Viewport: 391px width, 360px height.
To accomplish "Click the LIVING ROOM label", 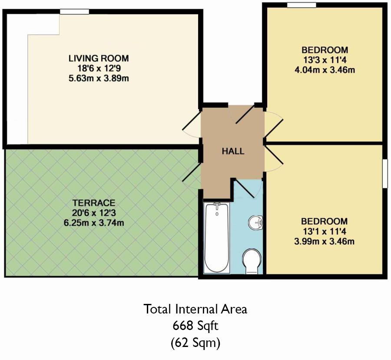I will (x=99, y=58).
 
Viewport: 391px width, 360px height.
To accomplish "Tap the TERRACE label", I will (x=94, y=203).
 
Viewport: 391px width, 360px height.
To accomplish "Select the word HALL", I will (x=233, y=152).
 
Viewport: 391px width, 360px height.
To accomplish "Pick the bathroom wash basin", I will (x=256, y=223).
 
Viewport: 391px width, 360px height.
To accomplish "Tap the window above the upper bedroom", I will (x=302, y=4).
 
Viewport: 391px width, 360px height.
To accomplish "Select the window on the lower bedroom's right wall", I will (x=384, y=173).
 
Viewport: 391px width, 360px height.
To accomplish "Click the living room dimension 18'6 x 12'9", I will (x=99, y=68).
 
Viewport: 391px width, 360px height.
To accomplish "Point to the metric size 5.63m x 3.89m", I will (x=99, y=78).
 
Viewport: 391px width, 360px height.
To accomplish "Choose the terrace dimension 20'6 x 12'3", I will (x=94, y=213).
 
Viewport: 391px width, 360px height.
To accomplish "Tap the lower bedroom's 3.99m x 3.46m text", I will (x=325, y=241).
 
